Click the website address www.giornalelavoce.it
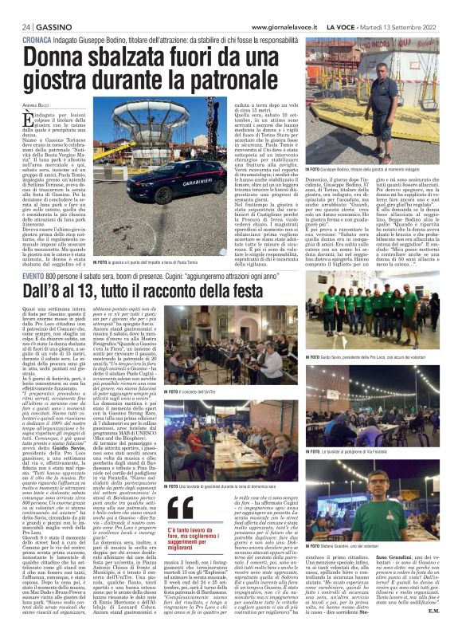[x=284, y=26]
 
